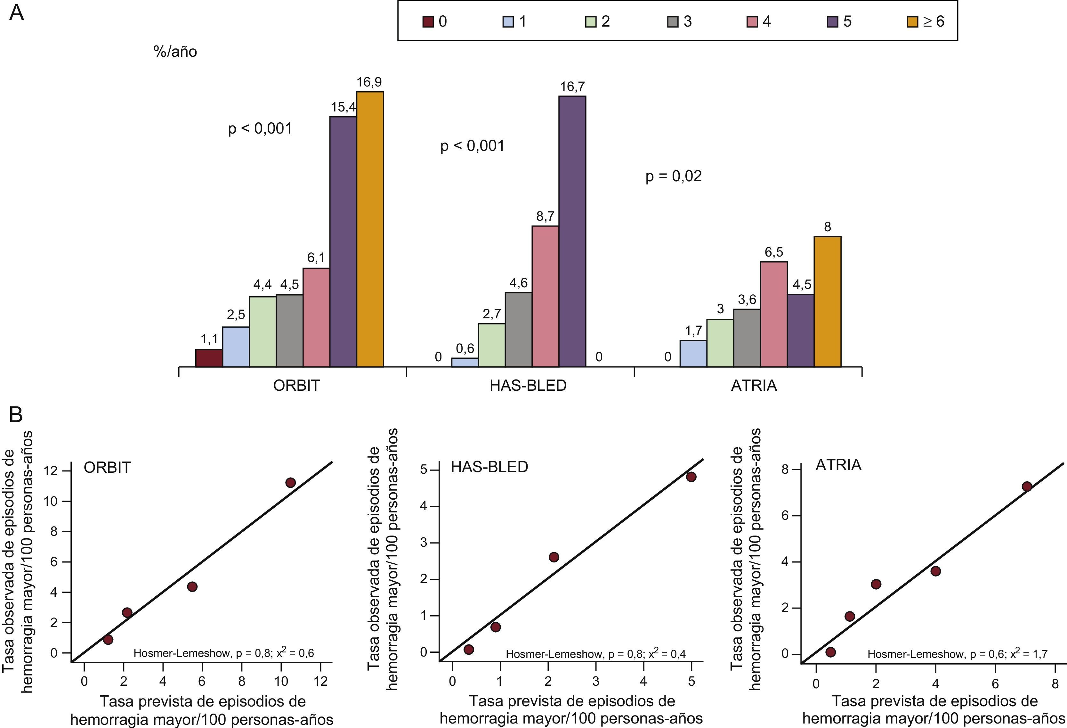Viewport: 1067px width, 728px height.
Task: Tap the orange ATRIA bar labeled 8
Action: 827,301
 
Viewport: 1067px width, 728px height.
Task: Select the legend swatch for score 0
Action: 428,21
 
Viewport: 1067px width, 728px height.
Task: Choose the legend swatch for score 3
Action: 673,21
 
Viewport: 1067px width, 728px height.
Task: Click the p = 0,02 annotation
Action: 674,176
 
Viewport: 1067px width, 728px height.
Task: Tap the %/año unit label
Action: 175,52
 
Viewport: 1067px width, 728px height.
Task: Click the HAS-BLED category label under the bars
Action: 528,385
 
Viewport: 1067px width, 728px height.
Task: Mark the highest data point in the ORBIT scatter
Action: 290,483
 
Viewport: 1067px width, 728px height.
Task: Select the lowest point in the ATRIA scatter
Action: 830,652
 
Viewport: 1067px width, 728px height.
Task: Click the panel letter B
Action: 16,415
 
